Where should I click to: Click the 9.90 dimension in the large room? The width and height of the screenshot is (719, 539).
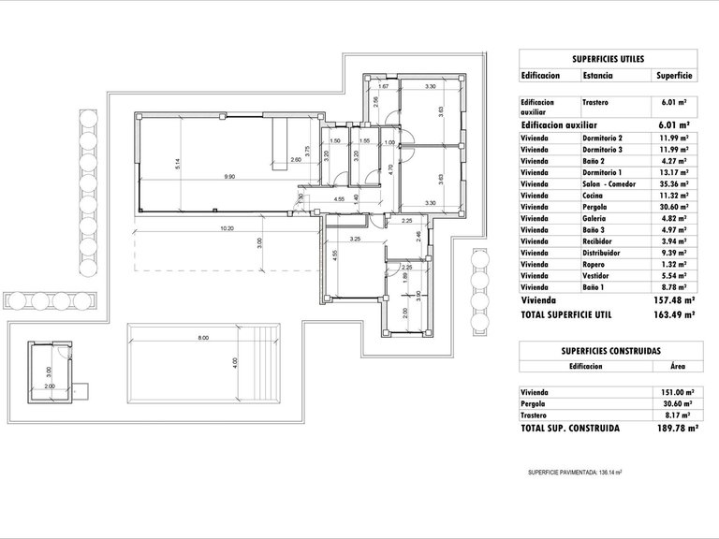pyautogui.click(x=229, y=177)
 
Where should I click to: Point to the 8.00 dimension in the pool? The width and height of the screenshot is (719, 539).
pyautogui.click(x=203, y=338)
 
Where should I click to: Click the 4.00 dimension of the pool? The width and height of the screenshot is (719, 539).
pyautogui.click(x=236, y=362)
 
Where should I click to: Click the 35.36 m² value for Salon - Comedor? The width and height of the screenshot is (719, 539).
pyautogui.click(x=673, y=184)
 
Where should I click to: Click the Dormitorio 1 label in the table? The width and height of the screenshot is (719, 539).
pyautogui.click(x=604, y=172)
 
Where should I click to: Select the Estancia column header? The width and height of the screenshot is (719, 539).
pyautogui.click(x=598, y=77)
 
